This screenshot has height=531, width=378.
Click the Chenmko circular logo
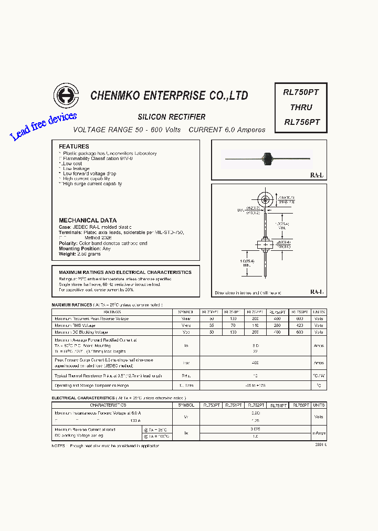pos(66,95)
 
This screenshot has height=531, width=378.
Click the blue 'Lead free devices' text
pos(44,126)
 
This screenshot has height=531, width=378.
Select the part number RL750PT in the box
pos(301,92)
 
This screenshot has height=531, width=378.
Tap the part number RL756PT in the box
pos(301,122)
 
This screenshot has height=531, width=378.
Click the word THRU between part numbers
pos(301,107)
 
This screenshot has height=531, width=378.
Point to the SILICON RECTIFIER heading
pos(172,117)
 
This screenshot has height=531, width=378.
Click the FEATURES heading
pos(74,146)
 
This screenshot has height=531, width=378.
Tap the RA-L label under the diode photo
pos(317,175)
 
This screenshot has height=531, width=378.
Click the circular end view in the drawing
pos(265,200)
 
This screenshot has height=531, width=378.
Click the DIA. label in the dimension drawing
pos(241,210)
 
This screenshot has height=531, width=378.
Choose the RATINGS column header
pos(112,312)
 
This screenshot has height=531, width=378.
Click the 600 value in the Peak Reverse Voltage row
pos(300,318)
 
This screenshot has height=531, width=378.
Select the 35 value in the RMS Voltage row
pos(212,325)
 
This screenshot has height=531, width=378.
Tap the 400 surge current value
pos(256,363)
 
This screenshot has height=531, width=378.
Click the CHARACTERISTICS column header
pos(108,406)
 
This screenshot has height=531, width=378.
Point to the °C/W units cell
pos(319,376)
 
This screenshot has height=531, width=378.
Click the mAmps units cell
pos(319,433)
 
